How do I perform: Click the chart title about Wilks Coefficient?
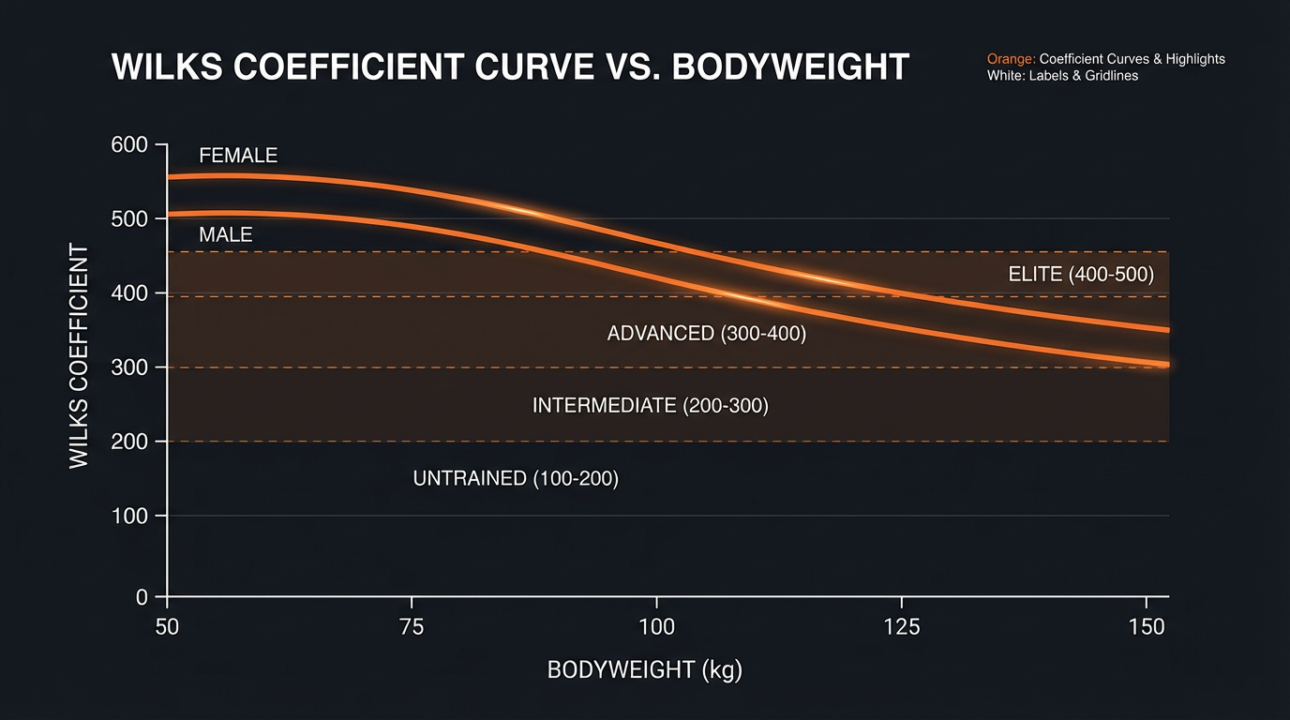(x=510, y=68)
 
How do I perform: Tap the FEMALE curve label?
(x=238, y=156)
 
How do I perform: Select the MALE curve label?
(x=226, y=234)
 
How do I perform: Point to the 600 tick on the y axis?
(x=129, y=144)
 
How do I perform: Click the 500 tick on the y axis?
(x=129, y=218)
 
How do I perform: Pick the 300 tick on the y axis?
(x=129, y=367)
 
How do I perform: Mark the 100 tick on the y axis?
(x=129, y=516)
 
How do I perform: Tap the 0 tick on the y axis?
(x=142, y=596)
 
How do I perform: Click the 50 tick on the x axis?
(x=167, y=626)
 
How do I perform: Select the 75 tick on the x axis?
(x=412, y=626)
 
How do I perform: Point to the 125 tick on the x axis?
(x=901, y=626)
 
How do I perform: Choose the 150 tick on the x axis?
(x=1146, y=626)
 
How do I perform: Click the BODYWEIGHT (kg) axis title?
(x=644, y=671)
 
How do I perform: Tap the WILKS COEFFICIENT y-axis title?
(x=79, y=356)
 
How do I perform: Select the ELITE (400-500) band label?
(x=1081, y=275)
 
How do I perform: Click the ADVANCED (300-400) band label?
(x=706, y=333)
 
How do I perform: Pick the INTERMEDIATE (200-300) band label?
(x=650, y=406)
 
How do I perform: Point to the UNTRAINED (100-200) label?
(x=516, y=478)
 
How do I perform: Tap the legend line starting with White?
(x=1062, y=75)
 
